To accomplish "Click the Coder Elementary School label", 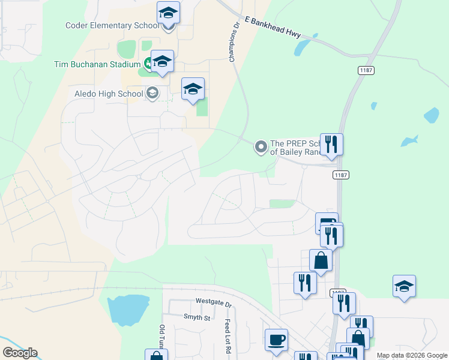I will click(113, 25).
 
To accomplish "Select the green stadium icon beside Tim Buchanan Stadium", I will click(147, 63).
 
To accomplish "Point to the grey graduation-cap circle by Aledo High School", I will click(152, 93).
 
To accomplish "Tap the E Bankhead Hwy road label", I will click(273, 27).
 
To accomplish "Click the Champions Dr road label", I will click(234, 43).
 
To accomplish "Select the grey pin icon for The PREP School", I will click(261, 146).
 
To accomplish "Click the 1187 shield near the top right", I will click(366, 70).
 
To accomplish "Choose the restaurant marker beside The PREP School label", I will click(331, 145).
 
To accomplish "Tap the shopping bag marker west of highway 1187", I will click(321, 260).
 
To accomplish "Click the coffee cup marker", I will click(277, 340).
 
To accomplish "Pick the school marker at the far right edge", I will click(404, 286).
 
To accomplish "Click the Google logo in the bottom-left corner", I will click(20, 353).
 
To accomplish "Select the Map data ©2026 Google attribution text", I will click(412, 355).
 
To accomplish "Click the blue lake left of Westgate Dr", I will click(127, 308).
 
